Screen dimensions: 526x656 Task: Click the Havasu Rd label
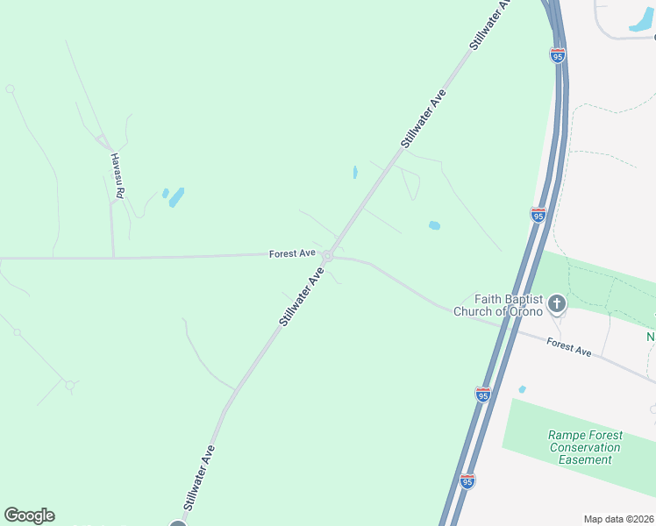[117, 174]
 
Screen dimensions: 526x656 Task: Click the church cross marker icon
[556, 304]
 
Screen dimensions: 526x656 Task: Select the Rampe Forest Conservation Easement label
[585, 447]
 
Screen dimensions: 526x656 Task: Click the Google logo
[29, 515]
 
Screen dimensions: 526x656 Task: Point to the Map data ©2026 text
[618, 519]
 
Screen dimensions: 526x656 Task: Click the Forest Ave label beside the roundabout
[292, 253]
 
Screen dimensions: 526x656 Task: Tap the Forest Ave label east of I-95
[568, 348]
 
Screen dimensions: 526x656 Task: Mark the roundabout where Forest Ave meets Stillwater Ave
[327, 256]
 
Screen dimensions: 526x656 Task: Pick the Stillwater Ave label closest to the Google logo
[199, 478]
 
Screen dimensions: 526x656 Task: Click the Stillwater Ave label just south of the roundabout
[302, 298]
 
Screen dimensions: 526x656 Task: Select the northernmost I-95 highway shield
[558, 55]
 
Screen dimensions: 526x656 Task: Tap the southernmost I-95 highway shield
[467, 481]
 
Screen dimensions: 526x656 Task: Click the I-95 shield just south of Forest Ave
[483, 395]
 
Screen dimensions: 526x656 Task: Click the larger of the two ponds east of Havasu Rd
[177, 197]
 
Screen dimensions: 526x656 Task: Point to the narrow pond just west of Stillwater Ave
[355, 173]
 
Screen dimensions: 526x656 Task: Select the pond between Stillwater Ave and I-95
[434, 225]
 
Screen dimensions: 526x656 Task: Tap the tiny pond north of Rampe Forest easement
[522, 389]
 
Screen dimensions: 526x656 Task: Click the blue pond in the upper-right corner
[641, 25]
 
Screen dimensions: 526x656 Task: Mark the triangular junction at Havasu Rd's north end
[103, 141]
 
